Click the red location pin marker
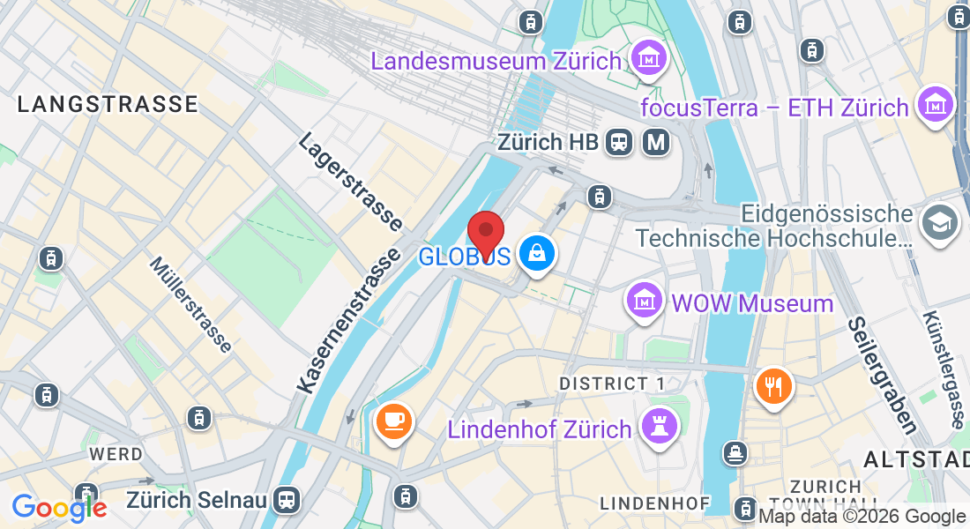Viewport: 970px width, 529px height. pyautogui.click(x=485, y=234)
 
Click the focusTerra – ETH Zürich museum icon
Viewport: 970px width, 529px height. pyautogui.click(x=936, y=105)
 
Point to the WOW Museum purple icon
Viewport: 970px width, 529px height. pyautogui.click(x=645, y=302)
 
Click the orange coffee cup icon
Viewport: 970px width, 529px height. pyautogui.click(x=393, y=419)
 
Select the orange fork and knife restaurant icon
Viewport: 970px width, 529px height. pyautogui.click(x=773, y=385)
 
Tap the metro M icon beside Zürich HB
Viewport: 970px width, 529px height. pyautogui.click(x=656, y=141)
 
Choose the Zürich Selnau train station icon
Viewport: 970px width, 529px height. pyautogui.click(x=286, y=500)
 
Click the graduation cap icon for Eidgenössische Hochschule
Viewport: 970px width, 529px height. pyautogui.click(x=938, y=223)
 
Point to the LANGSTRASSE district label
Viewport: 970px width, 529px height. pyautogui.click(x=108, y=104)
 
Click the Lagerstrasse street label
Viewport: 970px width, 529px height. pyautogui.click(x=350, y=182)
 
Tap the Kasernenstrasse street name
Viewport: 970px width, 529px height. pyautogui.click(x=344, y=322)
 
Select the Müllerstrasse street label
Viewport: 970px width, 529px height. pyautogui.click(x=190, y=304)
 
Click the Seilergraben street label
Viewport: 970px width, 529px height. pyautogui.click(x=882, y=375)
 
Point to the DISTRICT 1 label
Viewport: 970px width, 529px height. pyautogui.click(x=612, y=384)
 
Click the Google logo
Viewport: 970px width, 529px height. pyautogui.click(x=59, y=508)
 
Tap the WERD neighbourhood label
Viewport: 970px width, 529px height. pyautogui.click(x=116, y=454)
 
